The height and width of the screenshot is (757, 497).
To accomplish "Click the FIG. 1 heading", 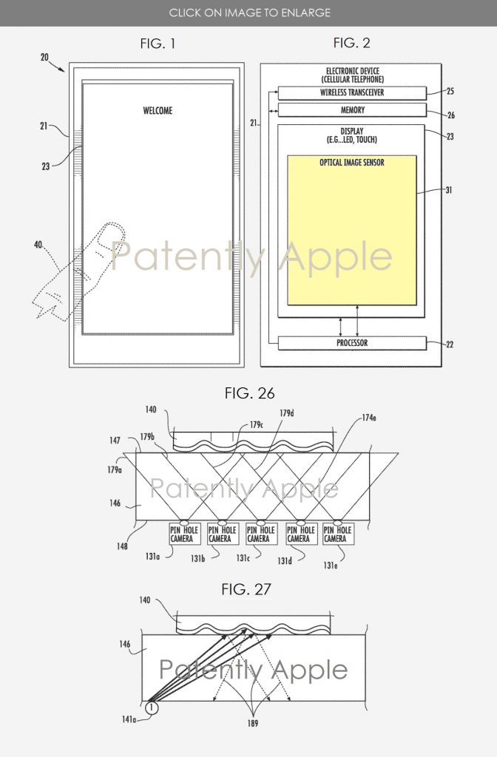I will click(x=158, y=44).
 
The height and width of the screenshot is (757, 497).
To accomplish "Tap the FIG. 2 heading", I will click(x=351, y=43).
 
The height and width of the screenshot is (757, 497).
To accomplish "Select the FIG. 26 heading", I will click(x=249, y=393).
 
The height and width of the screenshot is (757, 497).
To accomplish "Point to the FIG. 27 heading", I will click(x=246, y=589).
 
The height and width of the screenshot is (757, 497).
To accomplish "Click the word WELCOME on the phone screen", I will click(x=158, y=111).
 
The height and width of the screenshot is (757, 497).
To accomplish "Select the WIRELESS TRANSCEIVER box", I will click(x=352, y=93).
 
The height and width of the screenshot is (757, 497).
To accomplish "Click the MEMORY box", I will click(x=352, y=110).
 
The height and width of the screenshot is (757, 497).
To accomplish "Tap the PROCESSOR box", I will click(x=352, y=343).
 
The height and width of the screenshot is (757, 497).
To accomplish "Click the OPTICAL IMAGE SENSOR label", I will click(x=351, y=163).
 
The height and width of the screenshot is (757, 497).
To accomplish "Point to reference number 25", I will click(x=451, y=91).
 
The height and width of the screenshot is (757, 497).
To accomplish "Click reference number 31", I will click(x=450, y=191).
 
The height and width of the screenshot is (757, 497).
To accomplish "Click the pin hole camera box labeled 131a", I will click(x=181, y=534).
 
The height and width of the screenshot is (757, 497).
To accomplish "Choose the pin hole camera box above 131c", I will click(x=258, y=534).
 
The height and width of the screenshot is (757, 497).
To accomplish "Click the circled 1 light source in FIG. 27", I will click(x=152, y=707).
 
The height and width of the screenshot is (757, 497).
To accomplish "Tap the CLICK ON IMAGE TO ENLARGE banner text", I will click(x=249, y=13).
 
